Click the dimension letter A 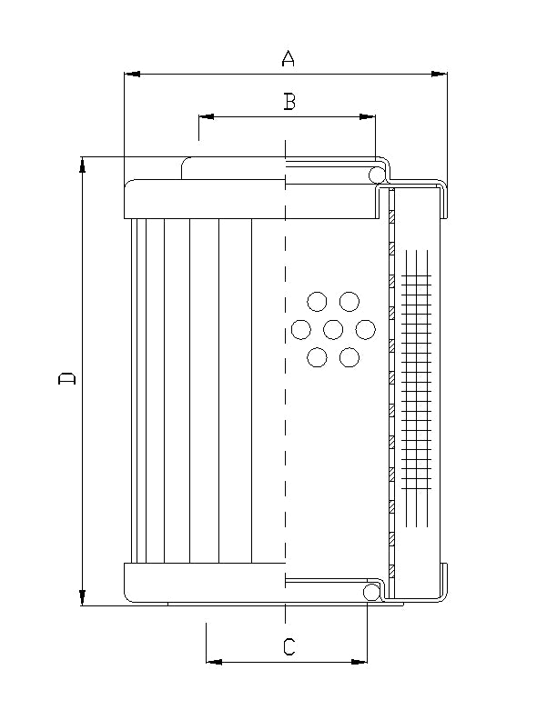pyautogui.click(x=288, y=59)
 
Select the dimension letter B pyautogui.click(x=289, y=102)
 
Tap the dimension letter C pyautogui.click(x=289, y=647)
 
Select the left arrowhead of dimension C pyautogui.click(x=214, y=662)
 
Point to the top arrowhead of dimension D pyautogui.click(x=83, y=165)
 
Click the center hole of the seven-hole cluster pyautogui.click(x=333, y=329)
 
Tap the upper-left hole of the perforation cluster pyautogui.click(x=317, y=301)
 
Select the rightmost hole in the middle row pyautogui.click(x=366, y=329)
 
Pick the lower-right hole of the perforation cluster pyautogui.click(x=349, y=357)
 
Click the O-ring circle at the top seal pyautogui.click(x=376, y=175)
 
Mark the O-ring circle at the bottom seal pyautogui.click(x=370, y=593)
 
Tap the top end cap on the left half pyautogui.click(x=205, y=198)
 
